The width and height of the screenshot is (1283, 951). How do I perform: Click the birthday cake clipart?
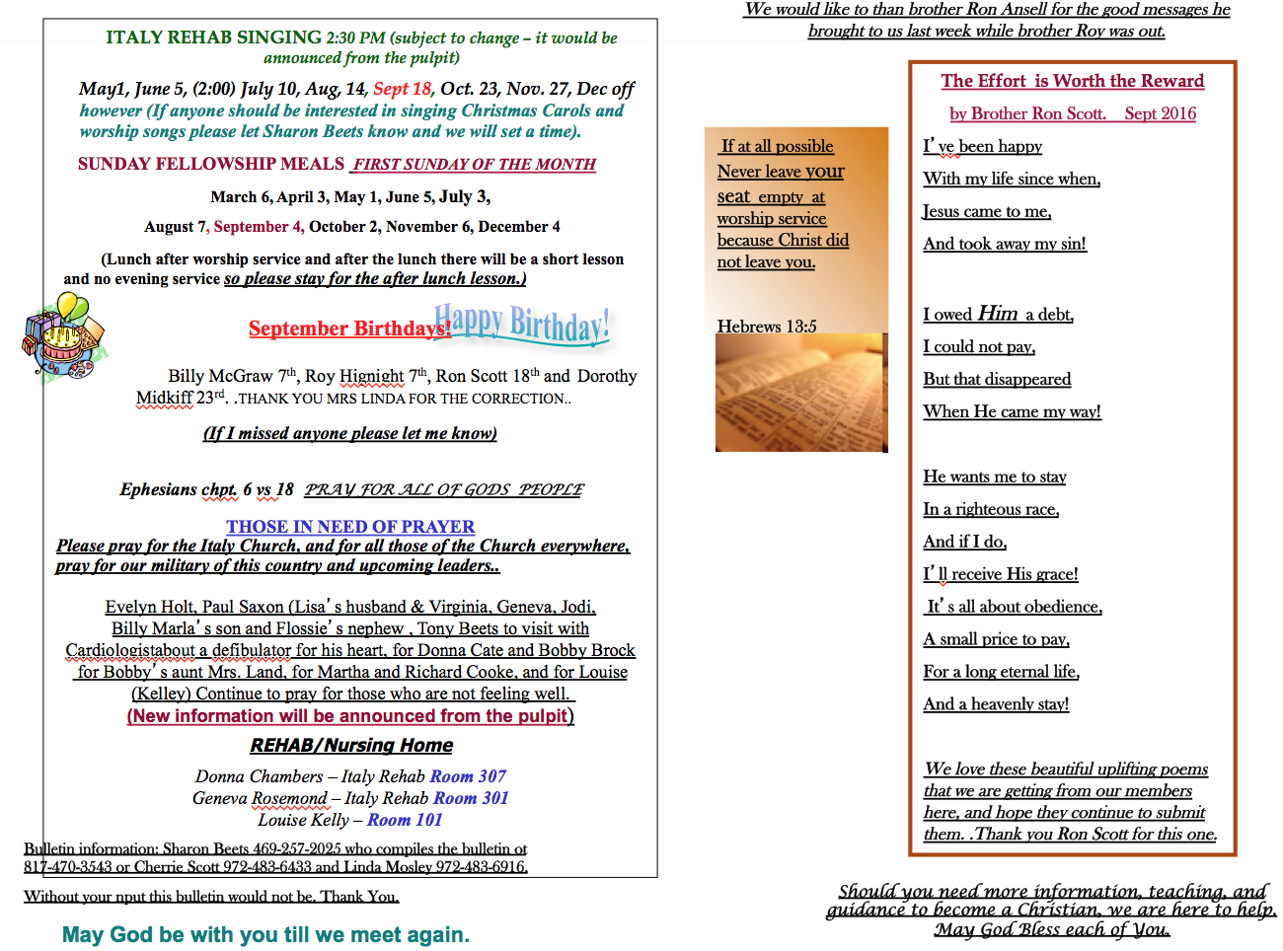[62, 341]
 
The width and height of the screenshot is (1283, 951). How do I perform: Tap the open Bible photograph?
[801, 393]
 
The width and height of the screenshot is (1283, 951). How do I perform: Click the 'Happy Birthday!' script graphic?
[523, 323]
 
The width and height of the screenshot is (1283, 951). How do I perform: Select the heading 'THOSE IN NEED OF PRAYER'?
[350, 527]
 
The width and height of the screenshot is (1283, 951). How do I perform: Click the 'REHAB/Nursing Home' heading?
[351, 746]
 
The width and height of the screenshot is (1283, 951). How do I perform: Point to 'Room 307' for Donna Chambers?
[468, 777]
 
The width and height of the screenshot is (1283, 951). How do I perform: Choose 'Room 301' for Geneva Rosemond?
[471, 799]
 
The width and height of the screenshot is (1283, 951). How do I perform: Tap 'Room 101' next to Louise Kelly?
[405, 821]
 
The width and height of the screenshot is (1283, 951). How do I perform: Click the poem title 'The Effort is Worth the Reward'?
[1072, 81]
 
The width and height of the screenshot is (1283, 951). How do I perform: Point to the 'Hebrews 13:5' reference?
[767, 327]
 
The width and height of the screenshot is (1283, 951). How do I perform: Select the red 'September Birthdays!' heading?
[349, 329]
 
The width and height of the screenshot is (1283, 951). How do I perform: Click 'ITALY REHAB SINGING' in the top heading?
[213, 37]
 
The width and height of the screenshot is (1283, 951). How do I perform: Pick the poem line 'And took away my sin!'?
[1005, 244]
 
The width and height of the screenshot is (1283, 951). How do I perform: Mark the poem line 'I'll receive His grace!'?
[1001, 574]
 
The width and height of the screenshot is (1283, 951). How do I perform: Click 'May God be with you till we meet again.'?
[265, 934]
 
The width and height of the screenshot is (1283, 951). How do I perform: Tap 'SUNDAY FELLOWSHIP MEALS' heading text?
[211, 164]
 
